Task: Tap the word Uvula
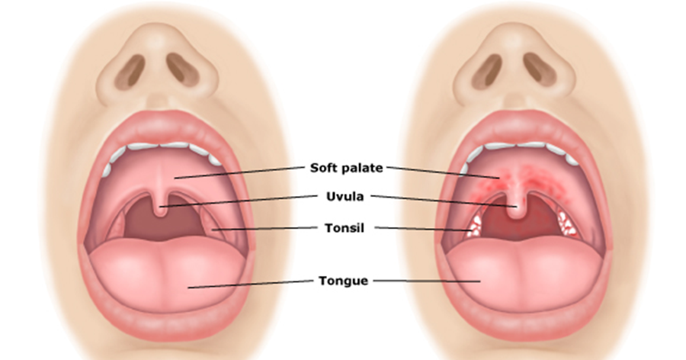[x=344, y=196]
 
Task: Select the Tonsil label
[x=344, y=227]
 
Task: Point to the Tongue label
[x=344, y=281]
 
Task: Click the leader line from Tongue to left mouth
[x=252, y=284]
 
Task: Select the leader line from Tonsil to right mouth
[x=423, y=229]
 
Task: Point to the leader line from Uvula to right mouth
[x=442, y=200]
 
